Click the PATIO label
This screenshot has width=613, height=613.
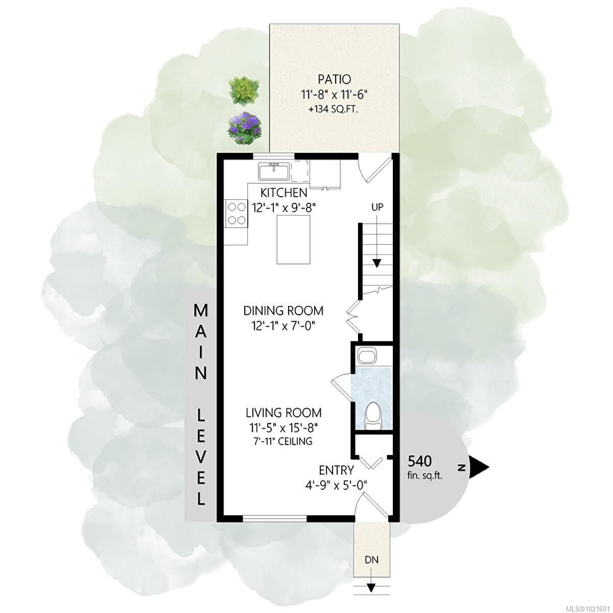334,79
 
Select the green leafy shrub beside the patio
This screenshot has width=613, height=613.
244,90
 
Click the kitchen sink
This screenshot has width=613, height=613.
274,172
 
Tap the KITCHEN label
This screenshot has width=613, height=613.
284,193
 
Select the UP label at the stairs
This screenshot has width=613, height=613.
378,207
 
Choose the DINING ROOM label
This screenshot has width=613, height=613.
284,311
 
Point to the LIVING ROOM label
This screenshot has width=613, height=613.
284,413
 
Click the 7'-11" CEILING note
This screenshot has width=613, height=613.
283,441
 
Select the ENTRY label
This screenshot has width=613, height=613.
336,470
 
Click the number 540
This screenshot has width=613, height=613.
419,461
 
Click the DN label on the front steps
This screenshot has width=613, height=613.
371,559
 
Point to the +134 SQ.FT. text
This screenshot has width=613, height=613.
334,110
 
